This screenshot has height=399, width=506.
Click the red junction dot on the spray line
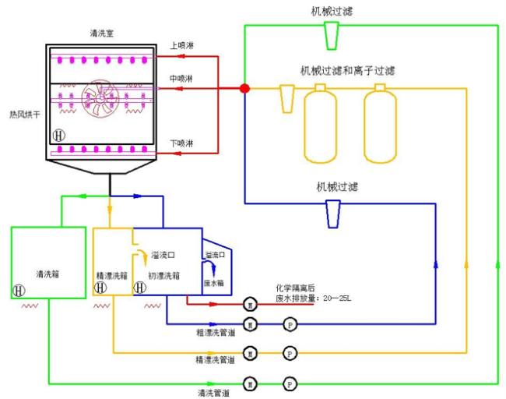pyautogui.click(x=244, y=89)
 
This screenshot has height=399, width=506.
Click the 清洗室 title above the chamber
pyautogui.click(x=103, y=33)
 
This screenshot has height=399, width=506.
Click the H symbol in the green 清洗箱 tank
pyautogui.click(x=17, y=289)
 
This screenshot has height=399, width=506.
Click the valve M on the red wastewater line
pyautogui.click(x=250, y=303)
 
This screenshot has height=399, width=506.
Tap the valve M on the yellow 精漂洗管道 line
pyautogui.click(x=250, y=351)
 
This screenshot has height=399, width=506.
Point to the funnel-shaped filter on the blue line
pyautogui.click(x=332, y=213)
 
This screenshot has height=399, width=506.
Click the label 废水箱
pyautogui.click(x=214, y=284)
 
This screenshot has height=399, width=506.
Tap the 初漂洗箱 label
pyautogui.click(x=164, y=275)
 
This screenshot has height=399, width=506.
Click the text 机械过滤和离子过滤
pyautogui.click(x=348, y=71)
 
